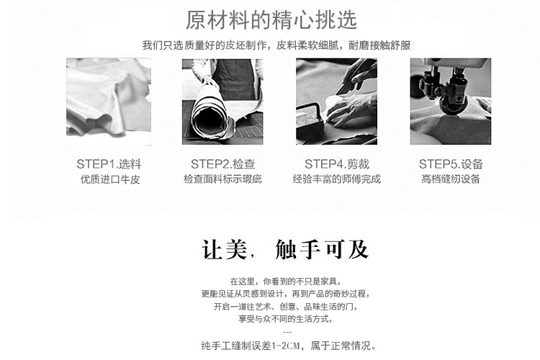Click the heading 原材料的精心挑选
(271, 20)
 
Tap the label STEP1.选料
(109, 164)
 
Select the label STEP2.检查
(222, 164)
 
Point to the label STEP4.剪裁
(337, 164)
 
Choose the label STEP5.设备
(451, 164)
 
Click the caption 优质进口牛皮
(110, 179)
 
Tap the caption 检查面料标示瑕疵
(222, 179)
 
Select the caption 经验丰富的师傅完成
(337, 179)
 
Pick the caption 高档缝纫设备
(451, 179)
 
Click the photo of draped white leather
(109, 102)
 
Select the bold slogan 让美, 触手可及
(285, 249)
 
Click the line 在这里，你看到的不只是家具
(285, 282)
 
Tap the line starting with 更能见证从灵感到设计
(285, 294)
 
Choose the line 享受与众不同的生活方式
(285, 319)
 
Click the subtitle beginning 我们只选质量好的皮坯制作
(276, 45)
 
